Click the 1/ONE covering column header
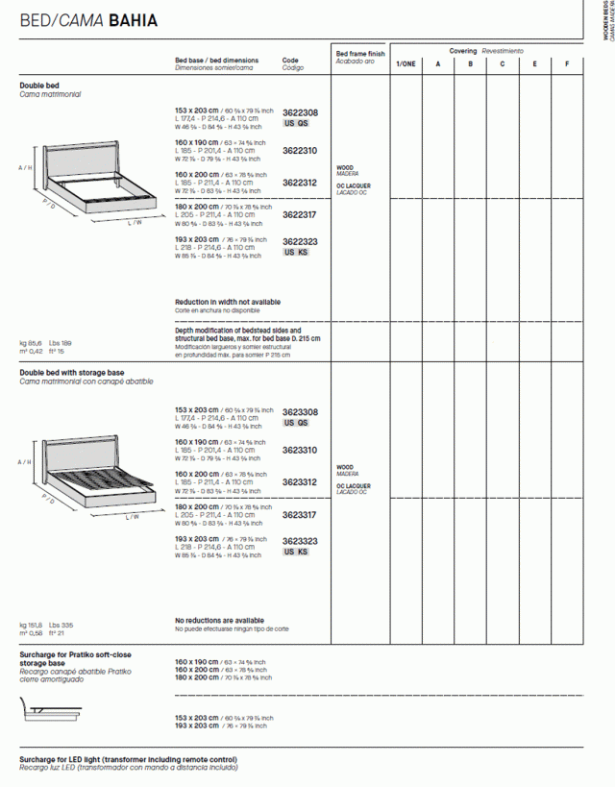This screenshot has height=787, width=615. [406, 64]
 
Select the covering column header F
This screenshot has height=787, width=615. [567, 64]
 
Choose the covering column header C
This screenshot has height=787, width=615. [502, 64]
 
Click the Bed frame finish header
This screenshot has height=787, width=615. [360, 55]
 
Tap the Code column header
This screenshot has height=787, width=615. [290, 60]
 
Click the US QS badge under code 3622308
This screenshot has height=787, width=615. [296, 124]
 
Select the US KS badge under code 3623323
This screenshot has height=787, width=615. [296, 553]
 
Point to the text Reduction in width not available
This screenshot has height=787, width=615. [228, 302]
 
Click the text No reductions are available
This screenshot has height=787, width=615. [219, 621]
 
